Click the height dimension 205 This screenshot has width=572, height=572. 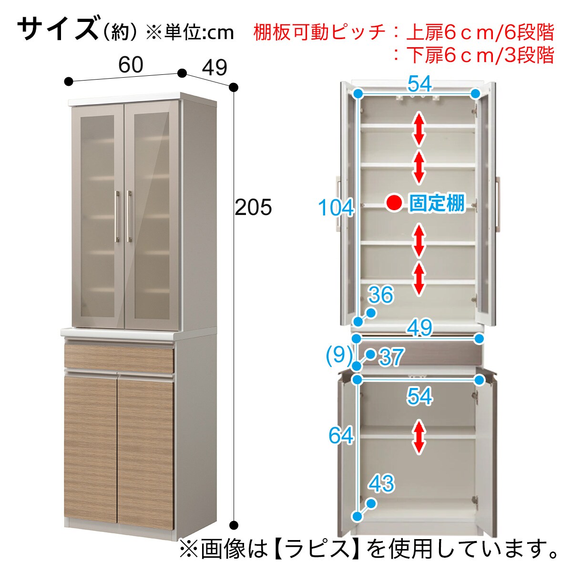click(x=253, y=207)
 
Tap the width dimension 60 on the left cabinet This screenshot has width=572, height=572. click(x=130, y=65)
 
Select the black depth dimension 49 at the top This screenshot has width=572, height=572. click(x=214, y=68)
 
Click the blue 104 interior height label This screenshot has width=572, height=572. click(x=336, y=208)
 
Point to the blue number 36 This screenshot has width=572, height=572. click(x=380, y=296)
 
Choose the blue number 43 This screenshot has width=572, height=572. click(x=381, y=484)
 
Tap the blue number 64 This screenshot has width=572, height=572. click(x=341, y=436)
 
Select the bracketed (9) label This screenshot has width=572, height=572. click(x=339, y=355)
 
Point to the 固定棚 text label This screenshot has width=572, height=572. click(x=437, y=203)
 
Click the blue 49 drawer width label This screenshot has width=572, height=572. click(x=419, y=328)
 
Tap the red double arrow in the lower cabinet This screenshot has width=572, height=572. click(x=419, y=436)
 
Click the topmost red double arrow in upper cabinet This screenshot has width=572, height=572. click(x=419, y=128)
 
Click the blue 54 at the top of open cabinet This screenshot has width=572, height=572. click(x=419, y=84)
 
